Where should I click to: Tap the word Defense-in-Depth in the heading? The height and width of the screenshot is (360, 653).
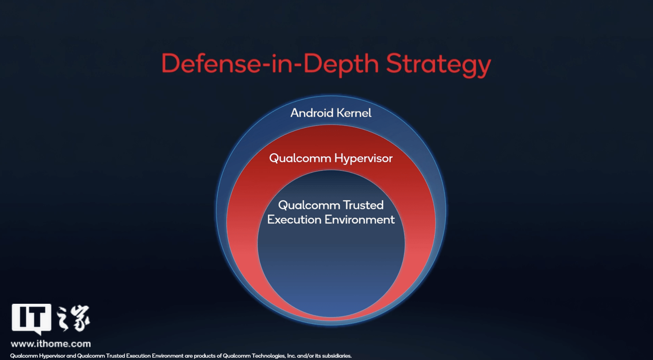click(x=270, y=64)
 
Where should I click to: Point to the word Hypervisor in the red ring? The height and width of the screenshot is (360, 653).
click(x=364, y=159)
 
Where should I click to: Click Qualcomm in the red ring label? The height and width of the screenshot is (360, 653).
click(x=300, y=159)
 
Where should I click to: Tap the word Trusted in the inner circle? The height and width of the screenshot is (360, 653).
click(x=363, y=205)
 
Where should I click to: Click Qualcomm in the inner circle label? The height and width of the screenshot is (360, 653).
click(x=309, y=205)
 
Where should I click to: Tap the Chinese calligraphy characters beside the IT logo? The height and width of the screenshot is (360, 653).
click(x=73, y=319)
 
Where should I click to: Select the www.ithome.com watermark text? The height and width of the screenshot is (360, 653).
click(x=51, y=344)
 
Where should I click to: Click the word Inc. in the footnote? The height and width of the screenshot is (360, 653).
click(x=291, y=355)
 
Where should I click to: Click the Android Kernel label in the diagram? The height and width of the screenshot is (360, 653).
click(x=331, y=113)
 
